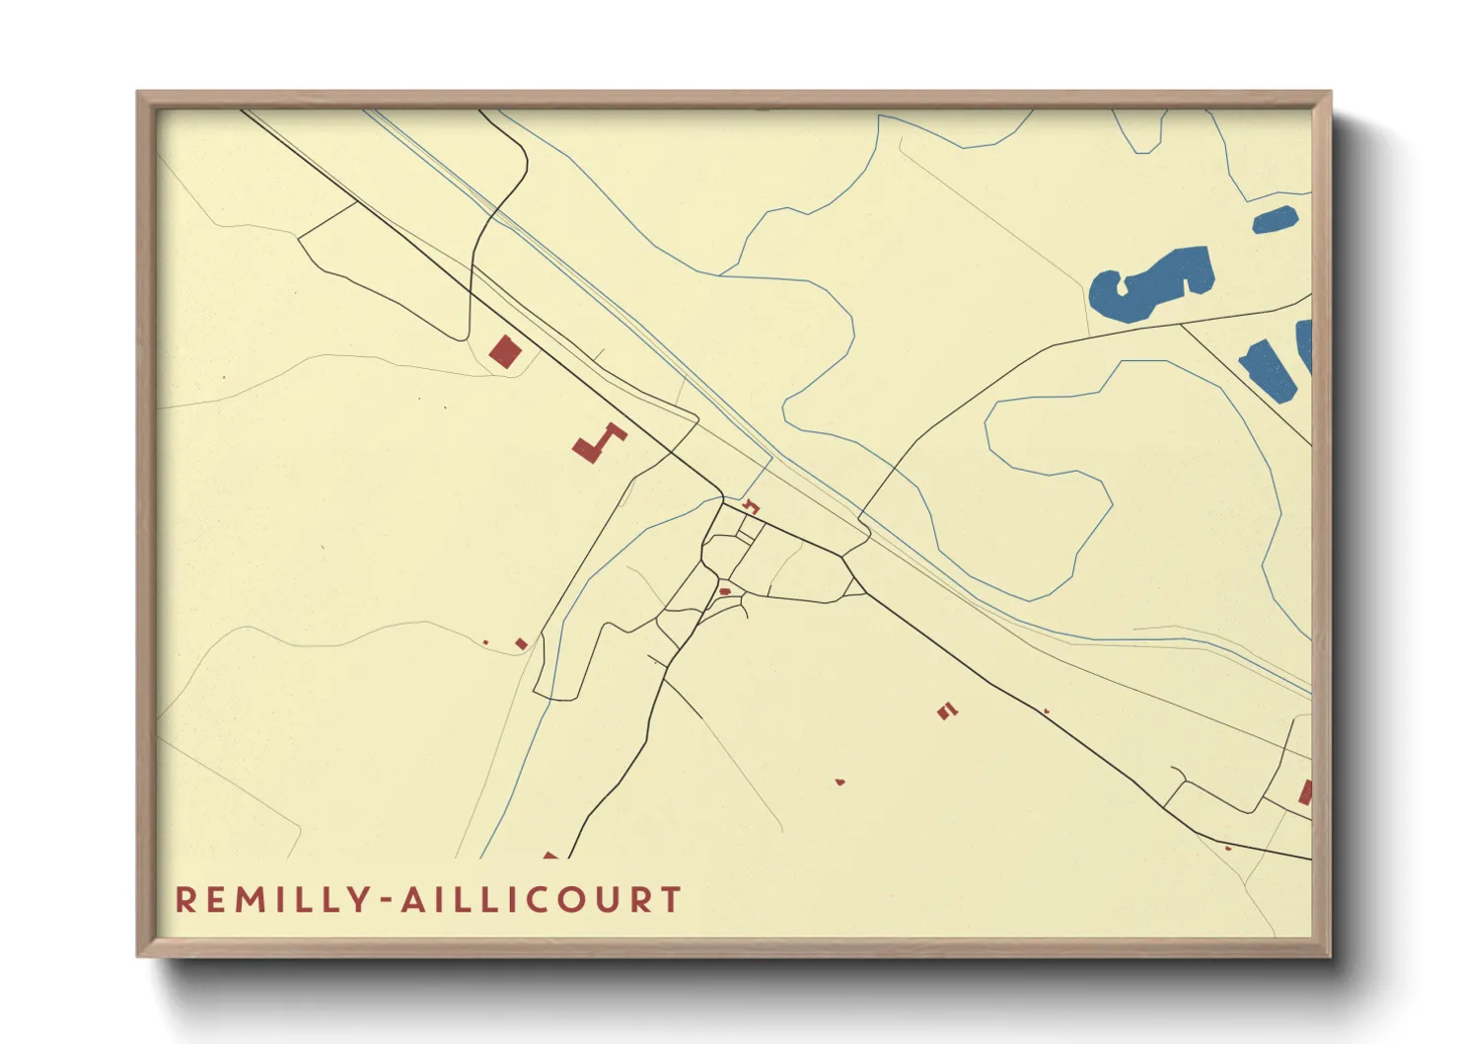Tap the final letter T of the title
672,900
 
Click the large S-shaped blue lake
1149,284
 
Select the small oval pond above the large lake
1274,220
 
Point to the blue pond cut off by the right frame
1304,345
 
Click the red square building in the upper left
504,351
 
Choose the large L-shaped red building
597,443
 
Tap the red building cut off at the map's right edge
1305,792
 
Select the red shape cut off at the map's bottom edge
550,855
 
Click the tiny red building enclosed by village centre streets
724,591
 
